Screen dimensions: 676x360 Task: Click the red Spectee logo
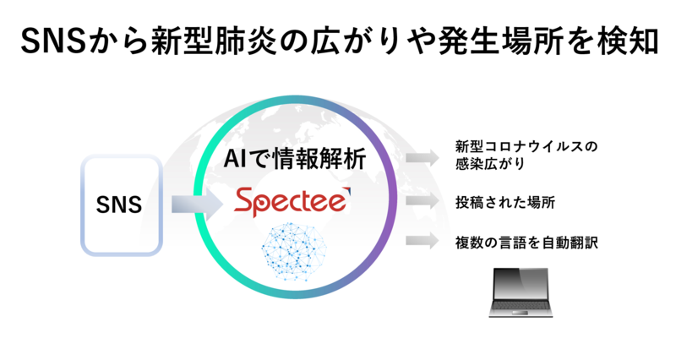pos(292,202)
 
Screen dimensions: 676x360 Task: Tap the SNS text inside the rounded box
pos(119,205)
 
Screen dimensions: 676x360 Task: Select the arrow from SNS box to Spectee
pos(197,204)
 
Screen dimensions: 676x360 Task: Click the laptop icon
pos(521,292)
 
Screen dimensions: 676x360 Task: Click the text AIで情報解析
pos(295,159)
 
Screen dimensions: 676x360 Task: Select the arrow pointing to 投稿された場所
pos(422,201)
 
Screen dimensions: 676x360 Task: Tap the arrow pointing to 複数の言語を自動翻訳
pos(422,241)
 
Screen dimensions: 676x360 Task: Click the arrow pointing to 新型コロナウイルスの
pos(422,157)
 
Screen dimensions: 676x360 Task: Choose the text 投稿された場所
pos(505,202)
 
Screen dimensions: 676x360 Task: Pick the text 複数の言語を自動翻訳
pos(526,243)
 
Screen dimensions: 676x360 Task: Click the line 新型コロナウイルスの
pos(526,146)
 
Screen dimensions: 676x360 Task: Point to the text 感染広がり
pos(490,164)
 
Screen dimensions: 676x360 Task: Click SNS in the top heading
pos(55,41)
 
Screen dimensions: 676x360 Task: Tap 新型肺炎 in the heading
pos(215,41)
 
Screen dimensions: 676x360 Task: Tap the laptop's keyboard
pos(521,306)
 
